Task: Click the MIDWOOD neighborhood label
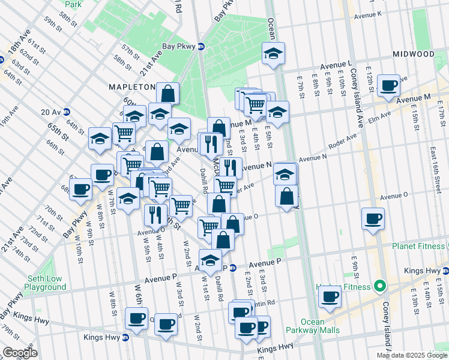pyautogui.click(x=413, y=54)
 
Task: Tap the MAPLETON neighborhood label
pyautogui.click(x=132, y=87)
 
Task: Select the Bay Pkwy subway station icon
pyautogui.click(x=201, y=47)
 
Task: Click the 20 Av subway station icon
pyautogui.click(x=67, y=112)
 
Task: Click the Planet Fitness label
pyautogui.click(x=419, y=246)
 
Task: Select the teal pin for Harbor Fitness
pyautogui.click(x=379, y=285)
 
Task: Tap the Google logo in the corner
pyautogui.click(x=20, y=353)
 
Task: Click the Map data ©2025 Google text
pyautogui.click(x=412, y=355)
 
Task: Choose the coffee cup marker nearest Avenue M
pyautogui.click(x=389, y=86)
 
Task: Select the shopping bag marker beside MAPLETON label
pyautogui.click(x=168, y=94)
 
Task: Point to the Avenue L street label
pyautogui.click(x=336, y=64)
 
